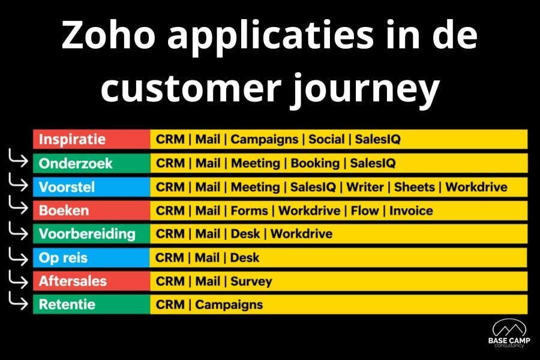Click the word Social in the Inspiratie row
coord(326,139)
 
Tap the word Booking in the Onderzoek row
coord(315,163)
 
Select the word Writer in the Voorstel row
coord(365,187)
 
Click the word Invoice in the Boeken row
coord(411,211)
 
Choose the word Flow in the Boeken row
coord(365,211)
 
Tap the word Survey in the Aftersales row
coord(251,281)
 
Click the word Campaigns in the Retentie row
coord(229,305)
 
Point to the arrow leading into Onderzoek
coord(18,158)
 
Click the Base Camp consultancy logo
coord(509,334)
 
